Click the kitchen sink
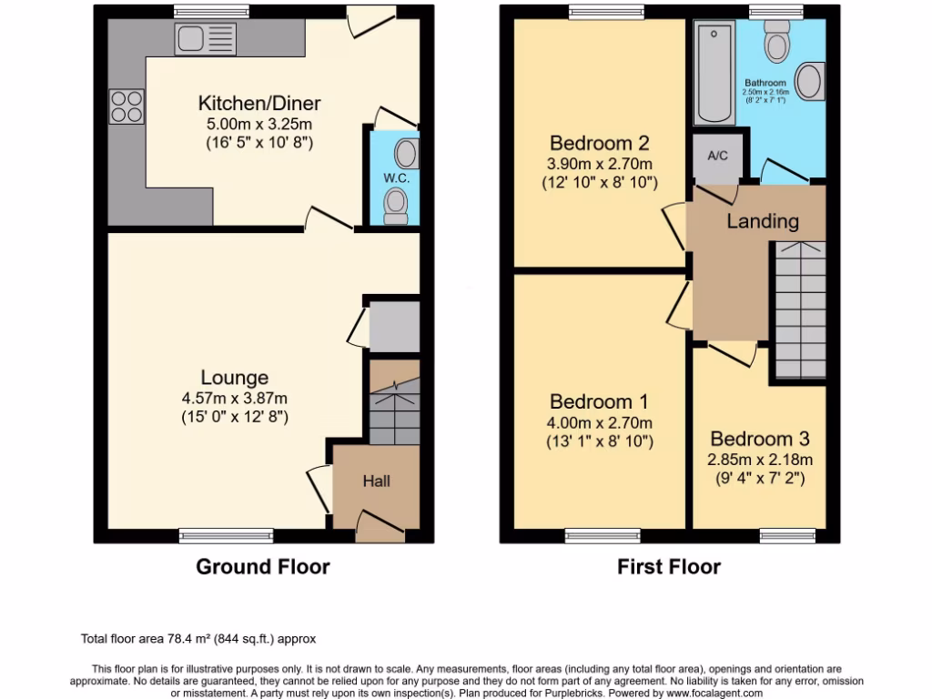(205, 39)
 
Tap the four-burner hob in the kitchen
(126, 106)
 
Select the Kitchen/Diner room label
(259, 104)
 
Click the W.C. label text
(396, 178)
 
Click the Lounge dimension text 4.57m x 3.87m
(235, 398)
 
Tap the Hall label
(377, 481)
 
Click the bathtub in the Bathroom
(714, 73)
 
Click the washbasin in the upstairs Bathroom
(811, 81)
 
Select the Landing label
(763, 221)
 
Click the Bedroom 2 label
(599, 144)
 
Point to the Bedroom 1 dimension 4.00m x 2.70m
(599, 422)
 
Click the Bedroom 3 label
(760, 439)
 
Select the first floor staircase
(800, 309)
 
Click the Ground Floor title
(263, 567)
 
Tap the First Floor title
(669, 567)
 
